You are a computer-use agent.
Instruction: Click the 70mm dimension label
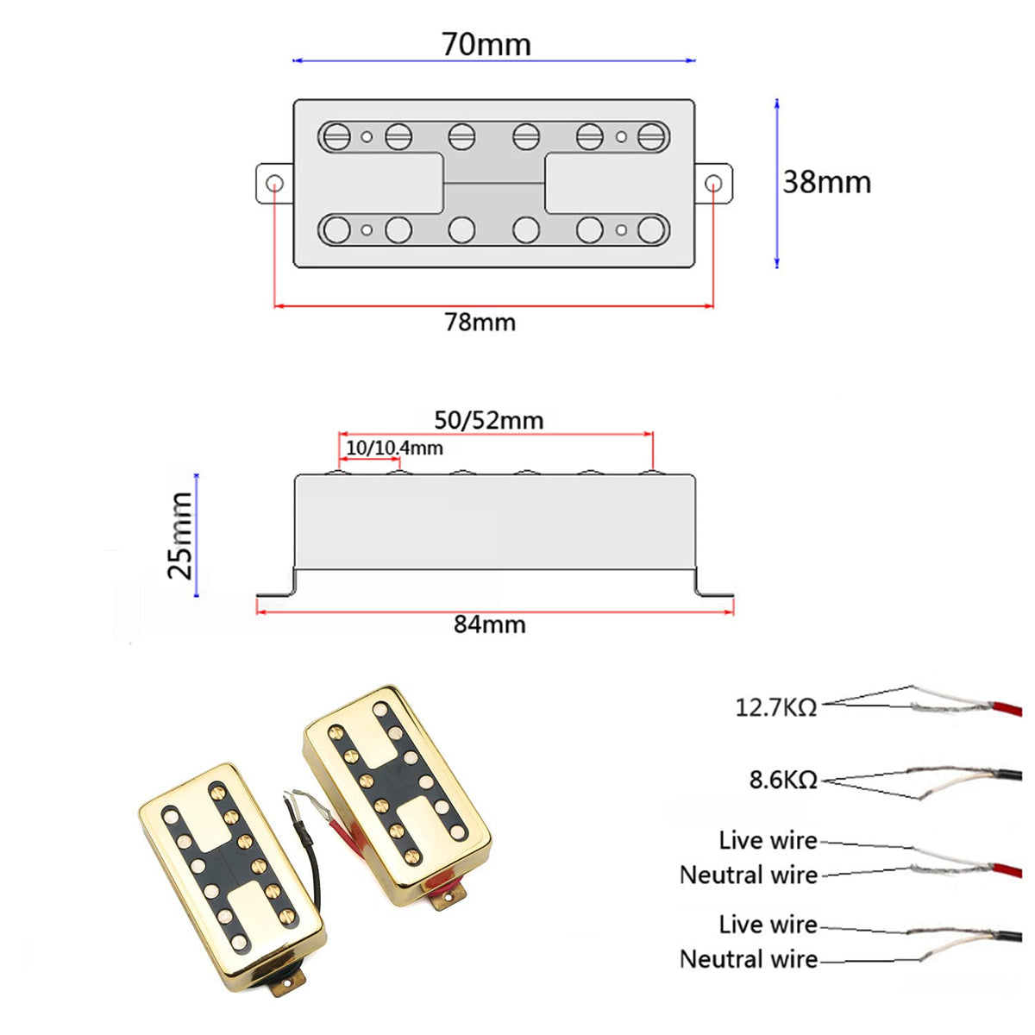(486, 43)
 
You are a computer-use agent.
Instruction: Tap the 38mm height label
(826, 182)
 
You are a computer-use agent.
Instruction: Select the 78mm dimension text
(480, 323)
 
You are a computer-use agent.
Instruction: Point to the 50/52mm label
(489, 420)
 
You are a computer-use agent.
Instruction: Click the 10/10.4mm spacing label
(394, 448)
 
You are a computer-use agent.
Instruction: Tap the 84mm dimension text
(490, 624)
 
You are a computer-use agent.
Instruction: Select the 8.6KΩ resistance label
(783, 780)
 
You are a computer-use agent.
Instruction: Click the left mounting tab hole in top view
(275, 184)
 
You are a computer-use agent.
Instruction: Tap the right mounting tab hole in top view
(713, 184)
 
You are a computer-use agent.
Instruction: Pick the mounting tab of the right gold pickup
(445, 899)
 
